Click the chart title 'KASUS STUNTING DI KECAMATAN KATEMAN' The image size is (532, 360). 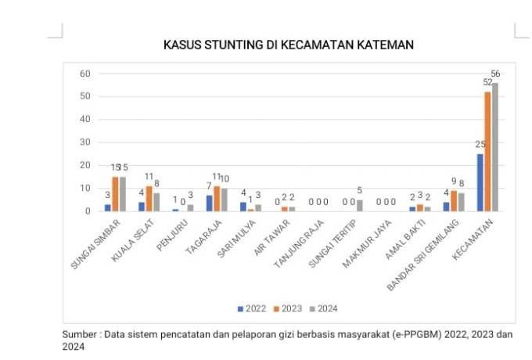click(x=288, y=45)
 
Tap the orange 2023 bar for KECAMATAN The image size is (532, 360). click(x=488, y=151)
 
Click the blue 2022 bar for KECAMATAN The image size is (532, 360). click(x=480, y=182)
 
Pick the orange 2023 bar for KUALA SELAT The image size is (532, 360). click(x=149, y=199)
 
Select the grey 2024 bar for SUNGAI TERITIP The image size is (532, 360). click(x=360, y=206)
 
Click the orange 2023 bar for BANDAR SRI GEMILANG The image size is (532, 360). click(x=454, y=201)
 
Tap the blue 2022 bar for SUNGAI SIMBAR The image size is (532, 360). click(x=108, y=207)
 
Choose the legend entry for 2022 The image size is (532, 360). click(x=252, y=308)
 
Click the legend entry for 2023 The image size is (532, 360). click(x=287, y=308)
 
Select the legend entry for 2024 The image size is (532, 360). click(x=322, y=308)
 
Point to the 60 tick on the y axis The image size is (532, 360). click(x=84, y=74)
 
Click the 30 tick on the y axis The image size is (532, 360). click(x=84, y=142)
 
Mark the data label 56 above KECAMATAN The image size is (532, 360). click(x=495, y=74)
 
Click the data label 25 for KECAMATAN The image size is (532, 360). click(x=480, y=145)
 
